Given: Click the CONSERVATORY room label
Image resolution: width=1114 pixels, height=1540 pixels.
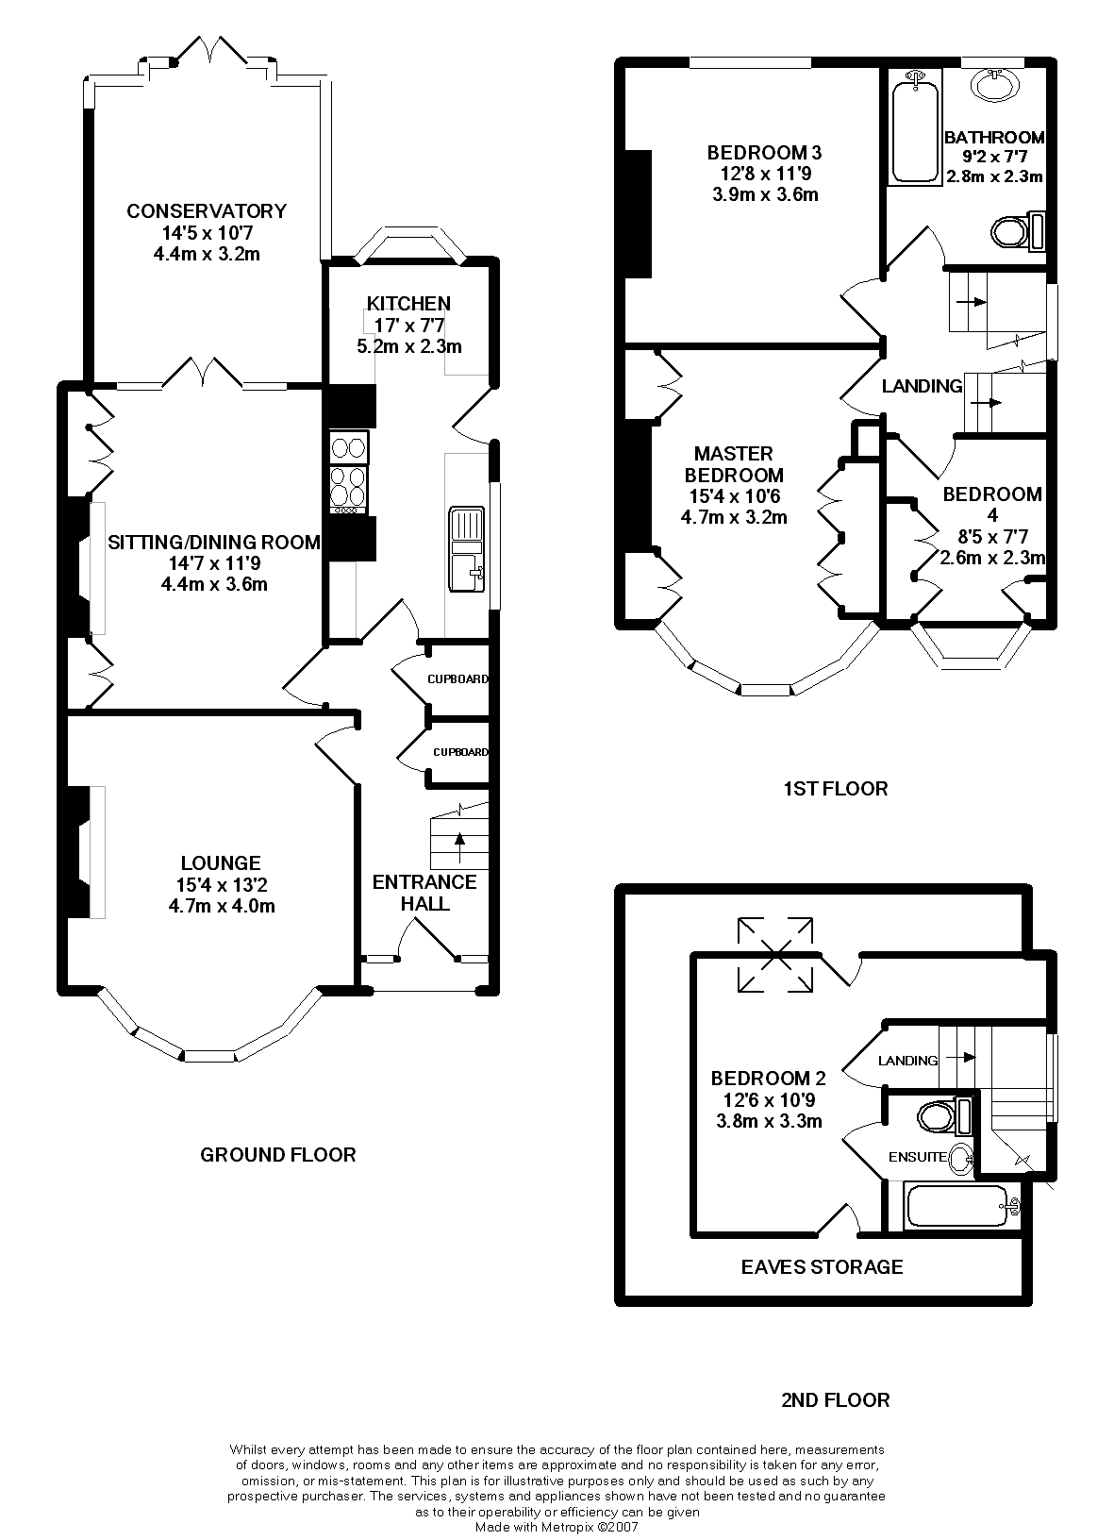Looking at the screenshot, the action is pyautogui.click(x=207, y=210).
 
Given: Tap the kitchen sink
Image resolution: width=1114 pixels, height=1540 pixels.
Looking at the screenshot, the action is pyautogui.click(x=467, y=548).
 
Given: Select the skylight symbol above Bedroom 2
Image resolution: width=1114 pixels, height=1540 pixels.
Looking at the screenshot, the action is pyautogui.click(x=775, y=954).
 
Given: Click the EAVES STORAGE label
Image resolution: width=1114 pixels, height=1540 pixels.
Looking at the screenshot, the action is pyautogui.click(x=822, y=1266).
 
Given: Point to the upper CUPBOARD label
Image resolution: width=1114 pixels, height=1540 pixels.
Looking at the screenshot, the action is pyautogui.click(x=457, y=678).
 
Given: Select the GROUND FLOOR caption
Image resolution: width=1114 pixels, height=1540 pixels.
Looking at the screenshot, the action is pyautogui.click(x=278, y=1154).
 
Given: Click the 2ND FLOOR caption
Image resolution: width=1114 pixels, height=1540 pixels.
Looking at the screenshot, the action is pyautogui.click(x=835, y=1399).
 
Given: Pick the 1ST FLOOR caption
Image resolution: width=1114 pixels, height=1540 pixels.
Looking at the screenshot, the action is pyautogui.click(x=835, y=788).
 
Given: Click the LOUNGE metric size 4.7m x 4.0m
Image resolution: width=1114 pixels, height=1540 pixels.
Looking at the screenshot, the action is pyautogui.click(x=221, y=907).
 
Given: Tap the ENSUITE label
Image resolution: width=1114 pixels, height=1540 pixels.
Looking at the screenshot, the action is pyautogui.click(x=917, y=1157).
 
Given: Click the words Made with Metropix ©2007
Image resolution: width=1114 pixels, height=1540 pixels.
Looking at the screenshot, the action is pyautogui.click(x=557, y=1526).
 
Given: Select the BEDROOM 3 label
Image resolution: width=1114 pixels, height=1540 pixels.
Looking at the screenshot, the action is pyautogui.click(x=765, y=152).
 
